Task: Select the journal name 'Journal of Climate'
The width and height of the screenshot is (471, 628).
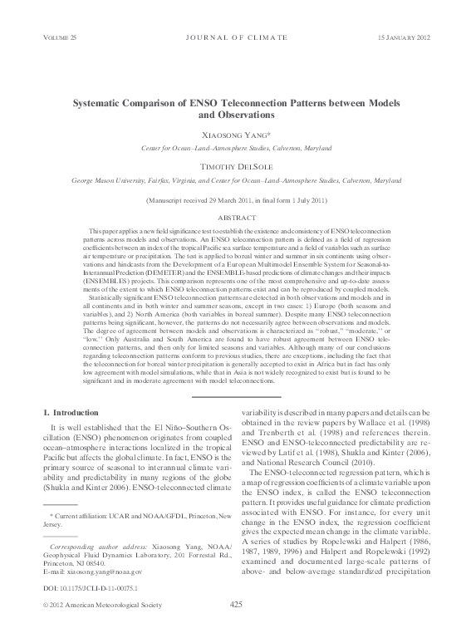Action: click(x=235, y=39)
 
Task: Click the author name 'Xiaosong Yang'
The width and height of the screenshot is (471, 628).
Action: click(x=235, y=135)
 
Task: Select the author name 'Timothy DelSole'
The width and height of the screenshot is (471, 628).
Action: click(x=235, y=166)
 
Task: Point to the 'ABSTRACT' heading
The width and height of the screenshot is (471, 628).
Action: click(x=235, y=216)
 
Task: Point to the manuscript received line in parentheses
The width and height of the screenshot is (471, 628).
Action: click(x=235, y=201)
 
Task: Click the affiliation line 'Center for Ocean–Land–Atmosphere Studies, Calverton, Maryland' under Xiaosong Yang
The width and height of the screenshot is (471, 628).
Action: click(x=235, y=148)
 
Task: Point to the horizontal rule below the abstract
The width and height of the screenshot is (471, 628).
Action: click(x=235, y=395)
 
